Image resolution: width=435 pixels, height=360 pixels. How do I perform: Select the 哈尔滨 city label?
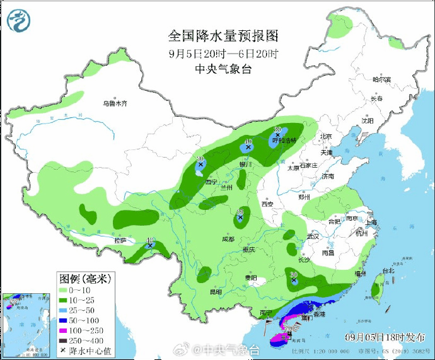(381, 80)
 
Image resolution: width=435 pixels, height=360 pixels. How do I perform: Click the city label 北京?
(325, 136)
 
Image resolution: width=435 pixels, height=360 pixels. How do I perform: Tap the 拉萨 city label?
(120, 240)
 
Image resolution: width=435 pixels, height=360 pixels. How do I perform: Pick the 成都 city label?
(228, 240)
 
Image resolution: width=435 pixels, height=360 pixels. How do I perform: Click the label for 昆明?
(216, 292)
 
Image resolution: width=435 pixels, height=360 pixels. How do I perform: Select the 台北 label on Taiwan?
(387, 271)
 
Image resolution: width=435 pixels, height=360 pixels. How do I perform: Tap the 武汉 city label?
(313, 236)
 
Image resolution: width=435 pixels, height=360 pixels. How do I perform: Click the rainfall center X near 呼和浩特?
(277, 135)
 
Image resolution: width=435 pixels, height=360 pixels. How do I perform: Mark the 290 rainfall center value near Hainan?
(289, 329)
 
